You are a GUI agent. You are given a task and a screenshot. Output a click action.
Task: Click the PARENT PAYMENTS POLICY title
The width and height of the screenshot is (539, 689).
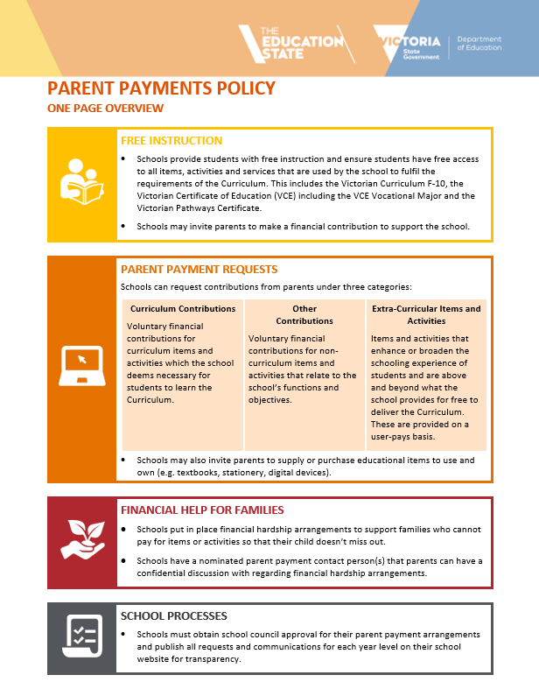161,88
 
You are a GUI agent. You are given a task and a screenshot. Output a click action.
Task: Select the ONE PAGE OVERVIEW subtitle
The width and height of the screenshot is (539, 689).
105,108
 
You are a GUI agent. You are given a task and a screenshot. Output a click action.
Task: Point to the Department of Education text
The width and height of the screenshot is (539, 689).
479,44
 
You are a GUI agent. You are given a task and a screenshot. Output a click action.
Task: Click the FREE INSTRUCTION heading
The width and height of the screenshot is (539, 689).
171,141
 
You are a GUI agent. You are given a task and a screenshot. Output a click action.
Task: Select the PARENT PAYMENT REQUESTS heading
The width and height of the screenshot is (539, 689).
199,269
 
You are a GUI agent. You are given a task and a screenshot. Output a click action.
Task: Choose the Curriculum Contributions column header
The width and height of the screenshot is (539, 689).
183,309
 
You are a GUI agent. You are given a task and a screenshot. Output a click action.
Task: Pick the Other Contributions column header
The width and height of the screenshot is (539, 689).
304,315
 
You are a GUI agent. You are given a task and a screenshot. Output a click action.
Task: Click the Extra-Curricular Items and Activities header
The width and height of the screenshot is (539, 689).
426,315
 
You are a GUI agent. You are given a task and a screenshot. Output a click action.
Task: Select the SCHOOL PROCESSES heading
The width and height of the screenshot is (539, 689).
174,616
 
